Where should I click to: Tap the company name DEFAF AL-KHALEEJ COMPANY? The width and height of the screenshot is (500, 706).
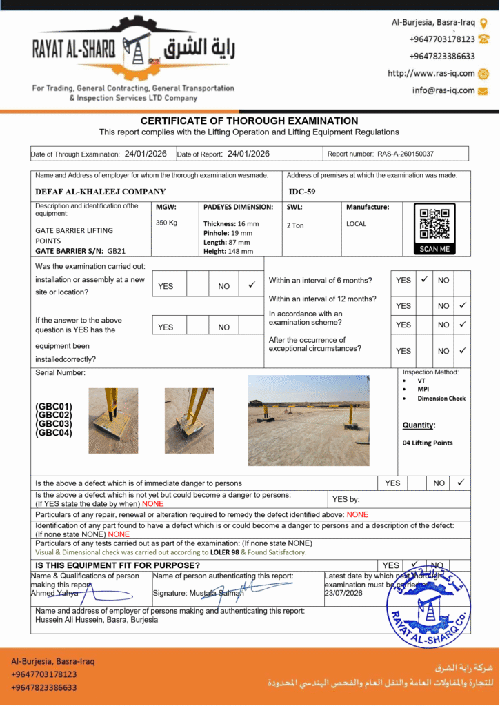101,192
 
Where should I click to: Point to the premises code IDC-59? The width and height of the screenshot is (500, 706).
302,192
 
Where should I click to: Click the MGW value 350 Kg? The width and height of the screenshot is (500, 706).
167,223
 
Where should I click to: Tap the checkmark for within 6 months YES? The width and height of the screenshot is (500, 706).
425,279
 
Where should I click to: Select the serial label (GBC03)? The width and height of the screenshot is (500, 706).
54,424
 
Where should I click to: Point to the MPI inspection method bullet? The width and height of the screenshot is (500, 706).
423,390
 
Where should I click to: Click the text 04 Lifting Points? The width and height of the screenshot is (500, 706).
428,443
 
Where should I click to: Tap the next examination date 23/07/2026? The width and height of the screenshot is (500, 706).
343,593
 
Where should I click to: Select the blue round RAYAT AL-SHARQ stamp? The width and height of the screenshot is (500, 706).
428,607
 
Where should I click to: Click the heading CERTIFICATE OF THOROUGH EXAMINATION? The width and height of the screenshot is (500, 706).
249,121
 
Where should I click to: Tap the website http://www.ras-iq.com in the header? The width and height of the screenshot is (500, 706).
431,73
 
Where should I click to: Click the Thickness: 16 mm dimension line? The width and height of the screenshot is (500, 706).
231,224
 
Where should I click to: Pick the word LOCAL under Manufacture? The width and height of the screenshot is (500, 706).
357,224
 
